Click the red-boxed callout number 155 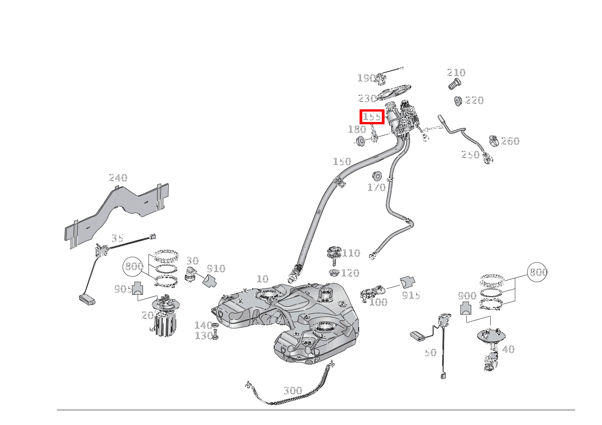tap(372, 117)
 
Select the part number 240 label tap(118, 178)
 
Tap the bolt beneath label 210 tap(454, 83)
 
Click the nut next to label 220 tap(458, 100)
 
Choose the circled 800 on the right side tap(538, 272)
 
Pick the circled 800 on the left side tap(134, 267)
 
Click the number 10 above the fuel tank tap(262, 279)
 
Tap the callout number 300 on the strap tap(292, 391)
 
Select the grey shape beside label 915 tap(407, 282)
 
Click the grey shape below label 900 tap(466, 309)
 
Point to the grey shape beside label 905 tap(137, 288)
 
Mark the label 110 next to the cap tap(351, 253)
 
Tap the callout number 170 tap(376, 187)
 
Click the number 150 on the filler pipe tap(342, 161)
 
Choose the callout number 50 tap(430, 352)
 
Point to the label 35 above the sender tap(117, 238)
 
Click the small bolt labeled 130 tap(215, 336)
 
